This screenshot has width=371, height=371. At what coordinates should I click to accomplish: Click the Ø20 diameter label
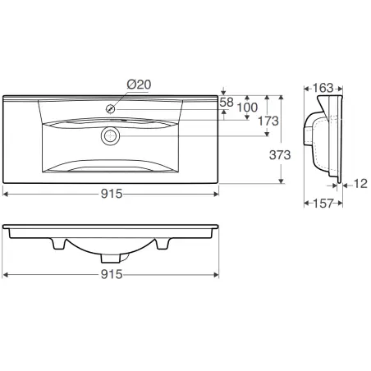click(x=139, y=85)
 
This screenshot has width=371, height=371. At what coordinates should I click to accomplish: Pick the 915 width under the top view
click(x=112, y=194)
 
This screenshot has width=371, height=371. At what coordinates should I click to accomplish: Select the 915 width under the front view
click(x=112, y=275)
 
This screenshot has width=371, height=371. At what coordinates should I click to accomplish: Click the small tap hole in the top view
click(x=109, y=108)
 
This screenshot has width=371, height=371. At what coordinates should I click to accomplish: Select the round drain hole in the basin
click(x=108, y=135)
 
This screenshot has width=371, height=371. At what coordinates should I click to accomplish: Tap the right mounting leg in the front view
click(x=162, y=244)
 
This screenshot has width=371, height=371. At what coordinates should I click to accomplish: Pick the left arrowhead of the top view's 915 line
click(x=6, y=194)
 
